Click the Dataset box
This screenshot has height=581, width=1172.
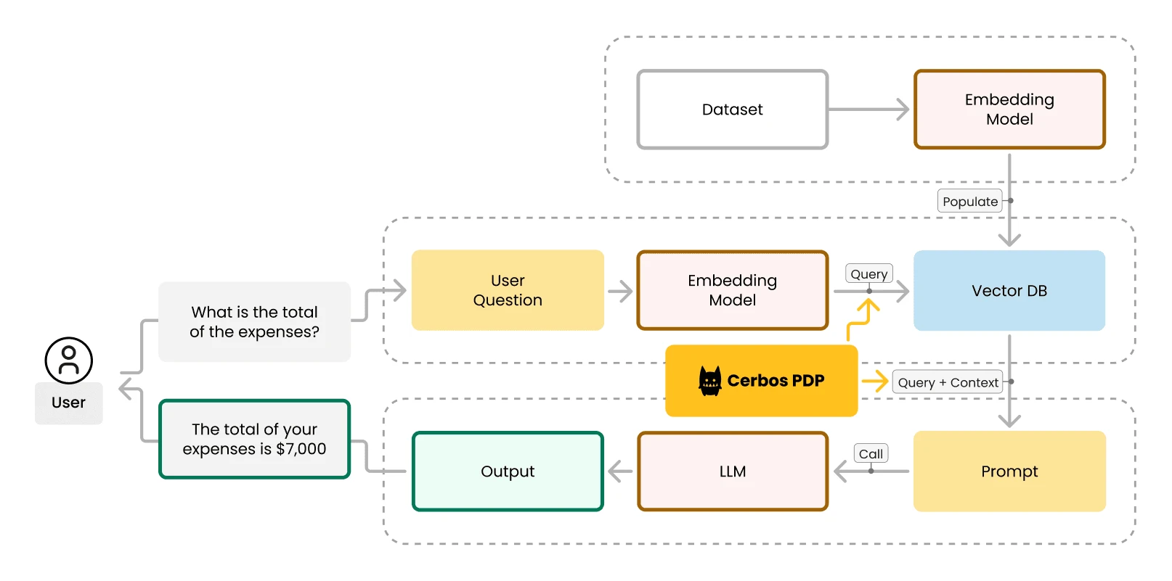[732, 110]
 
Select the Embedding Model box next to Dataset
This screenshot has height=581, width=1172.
[1009, 110]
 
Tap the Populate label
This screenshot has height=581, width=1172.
[970, 202]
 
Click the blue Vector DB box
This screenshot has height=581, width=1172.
[1009, 291]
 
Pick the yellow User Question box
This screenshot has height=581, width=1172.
[508, 290]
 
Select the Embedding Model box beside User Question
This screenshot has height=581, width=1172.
[732, 290]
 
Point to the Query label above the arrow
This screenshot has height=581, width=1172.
[869, 274]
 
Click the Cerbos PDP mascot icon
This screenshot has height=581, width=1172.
[709, 381]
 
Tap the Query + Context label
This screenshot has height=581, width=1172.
[948, 382]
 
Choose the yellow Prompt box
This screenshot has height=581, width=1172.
[1009, 471]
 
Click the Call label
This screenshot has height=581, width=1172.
[871, 454]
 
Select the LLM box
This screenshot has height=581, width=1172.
[732, 471]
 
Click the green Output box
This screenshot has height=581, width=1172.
[508, 471]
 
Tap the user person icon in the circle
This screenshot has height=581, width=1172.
[69, 360]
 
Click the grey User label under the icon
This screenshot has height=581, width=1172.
[69, 403]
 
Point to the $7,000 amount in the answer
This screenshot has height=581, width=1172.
[301, 449]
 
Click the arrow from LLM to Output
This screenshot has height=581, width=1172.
[620, 471]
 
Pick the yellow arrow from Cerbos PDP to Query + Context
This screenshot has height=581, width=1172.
[876, 381]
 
